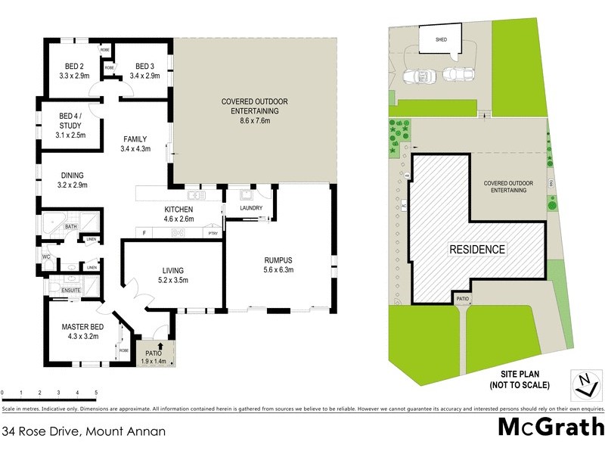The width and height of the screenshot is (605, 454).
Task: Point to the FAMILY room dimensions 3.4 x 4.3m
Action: coord(136,149)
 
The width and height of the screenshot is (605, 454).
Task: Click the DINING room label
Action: coord(73,175)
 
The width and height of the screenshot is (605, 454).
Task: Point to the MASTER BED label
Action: coord(81,327)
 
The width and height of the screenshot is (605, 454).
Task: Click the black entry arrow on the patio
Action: coord(160,347)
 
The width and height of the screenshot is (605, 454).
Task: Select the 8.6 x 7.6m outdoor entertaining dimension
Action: coord(255,120)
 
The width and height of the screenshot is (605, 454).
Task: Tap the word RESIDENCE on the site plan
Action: coord(477,249)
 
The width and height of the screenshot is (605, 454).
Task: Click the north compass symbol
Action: coord(582,385)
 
